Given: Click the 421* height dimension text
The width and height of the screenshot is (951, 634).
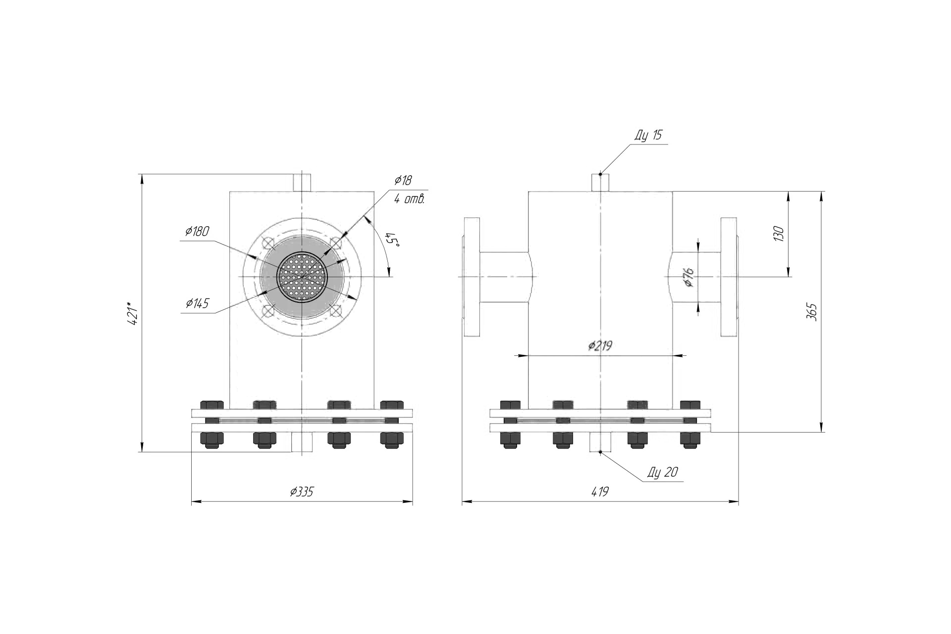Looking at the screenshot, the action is point(132,313).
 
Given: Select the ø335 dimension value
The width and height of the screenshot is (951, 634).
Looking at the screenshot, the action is point(302,491).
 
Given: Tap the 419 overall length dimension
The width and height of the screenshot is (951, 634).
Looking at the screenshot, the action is point(600,491).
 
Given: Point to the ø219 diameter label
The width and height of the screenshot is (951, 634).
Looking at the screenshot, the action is point(600,345).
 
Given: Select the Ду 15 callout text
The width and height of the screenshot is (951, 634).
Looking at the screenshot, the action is point(648,135).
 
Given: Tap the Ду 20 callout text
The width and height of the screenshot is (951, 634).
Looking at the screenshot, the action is point(662,472).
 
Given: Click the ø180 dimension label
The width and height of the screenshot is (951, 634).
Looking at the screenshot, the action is point(197,231).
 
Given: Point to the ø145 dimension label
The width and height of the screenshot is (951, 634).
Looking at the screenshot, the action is point(197,303).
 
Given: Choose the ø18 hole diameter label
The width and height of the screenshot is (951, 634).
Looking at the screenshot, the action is point(403,180).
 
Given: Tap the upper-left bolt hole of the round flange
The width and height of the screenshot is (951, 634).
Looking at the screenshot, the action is point(267,243).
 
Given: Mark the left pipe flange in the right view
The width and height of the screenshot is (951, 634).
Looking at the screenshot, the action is point(472,277).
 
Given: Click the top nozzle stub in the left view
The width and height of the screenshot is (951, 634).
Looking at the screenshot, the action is point(302,182).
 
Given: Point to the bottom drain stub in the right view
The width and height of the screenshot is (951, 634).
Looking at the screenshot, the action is point(600,441).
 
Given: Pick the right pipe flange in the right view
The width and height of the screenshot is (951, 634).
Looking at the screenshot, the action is point(729,277).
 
